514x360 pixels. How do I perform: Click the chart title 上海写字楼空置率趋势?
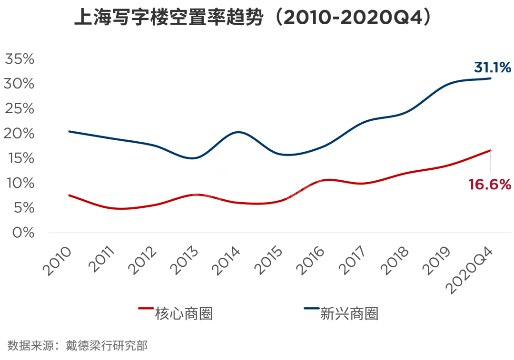tap(169, 17)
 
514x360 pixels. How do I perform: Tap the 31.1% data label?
tap(493, 68)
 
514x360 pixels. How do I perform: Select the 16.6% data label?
tap(490, 185)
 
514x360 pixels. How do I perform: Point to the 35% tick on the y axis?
tap(20, 59)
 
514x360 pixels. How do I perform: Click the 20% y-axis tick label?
tap(19, 133)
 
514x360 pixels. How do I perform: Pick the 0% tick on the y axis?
tap(23, 233)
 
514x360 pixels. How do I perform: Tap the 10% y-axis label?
tap(20, 183)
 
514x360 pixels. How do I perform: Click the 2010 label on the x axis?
tap(57, 261)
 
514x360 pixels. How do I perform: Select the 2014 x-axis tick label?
tap(226, 261)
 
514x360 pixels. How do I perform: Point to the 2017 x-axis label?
tap(352, 261)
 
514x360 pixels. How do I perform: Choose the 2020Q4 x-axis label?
tap(470, 270)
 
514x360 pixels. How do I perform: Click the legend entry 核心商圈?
tap(184, 313)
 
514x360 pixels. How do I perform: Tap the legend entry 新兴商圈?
tap(349, 313)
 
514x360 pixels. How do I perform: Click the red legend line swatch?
tap(146, 308)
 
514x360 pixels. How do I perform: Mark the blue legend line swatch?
tap(312, 308)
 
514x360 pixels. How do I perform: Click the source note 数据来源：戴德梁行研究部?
tap(78, 346)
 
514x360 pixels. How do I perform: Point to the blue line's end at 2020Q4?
tap(491, 78)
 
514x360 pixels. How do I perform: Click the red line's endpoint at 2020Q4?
tap(491, 150)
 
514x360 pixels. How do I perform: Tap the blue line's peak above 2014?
tap(238, 132)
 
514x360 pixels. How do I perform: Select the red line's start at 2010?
tap(69, 195)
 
